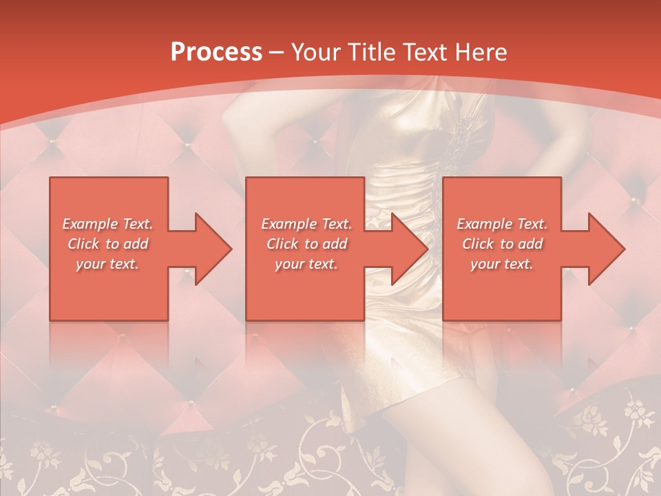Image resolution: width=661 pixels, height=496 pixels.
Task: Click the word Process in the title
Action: click(x=216, y=52)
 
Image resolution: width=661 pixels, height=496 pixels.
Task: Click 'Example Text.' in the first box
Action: click(x=107, y=224)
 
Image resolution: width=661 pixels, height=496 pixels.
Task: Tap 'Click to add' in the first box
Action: click(x=107, y=244)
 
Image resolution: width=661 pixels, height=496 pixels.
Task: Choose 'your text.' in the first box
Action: click(x=107, y=264)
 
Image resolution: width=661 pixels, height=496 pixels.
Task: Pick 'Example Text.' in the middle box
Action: click(x=306, y=224)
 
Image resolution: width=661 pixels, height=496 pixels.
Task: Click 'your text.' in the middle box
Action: click(x=306, y=264)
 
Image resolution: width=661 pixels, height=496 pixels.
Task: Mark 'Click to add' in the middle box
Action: click(x=306, y=244)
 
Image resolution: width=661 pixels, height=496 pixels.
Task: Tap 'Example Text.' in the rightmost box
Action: click(x=502, y=224)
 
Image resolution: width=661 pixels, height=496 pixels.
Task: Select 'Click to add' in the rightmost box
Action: click(x=502, y=244)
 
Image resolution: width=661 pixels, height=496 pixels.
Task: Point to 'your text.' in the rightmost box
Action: click(x=502, y=264)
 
